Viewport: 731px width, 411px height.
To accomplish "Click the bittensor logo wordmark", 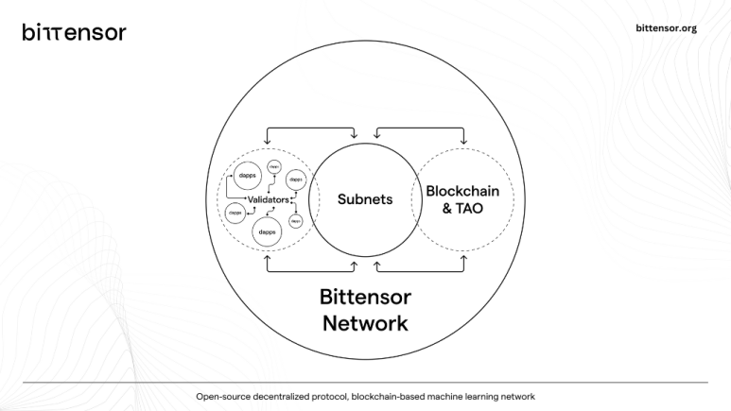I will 74,32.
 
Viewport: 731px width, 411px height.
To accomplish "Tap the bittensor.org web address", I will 668,28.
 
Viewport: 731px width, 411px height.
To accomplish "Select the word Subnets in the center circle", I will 365,199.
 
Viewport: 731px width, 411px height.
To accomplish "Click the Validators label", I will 268,199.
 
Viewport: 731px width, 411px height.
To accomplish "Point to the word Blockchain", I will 462,191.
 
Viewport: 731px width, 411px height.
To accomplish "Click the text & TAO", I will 462,208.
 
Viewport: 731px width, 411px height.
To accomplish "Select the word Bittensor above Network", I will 365,297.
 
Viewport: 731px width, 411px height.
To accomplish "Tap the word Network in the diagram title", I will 365,323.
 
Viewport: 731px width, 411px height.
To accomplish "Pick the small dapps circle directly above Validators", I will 274,166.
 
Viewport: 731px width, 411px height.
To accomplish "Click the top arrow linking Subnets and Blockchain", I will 420,128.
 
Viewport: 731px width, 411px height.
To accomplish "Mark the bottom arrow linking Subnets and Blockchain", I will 420,271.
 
